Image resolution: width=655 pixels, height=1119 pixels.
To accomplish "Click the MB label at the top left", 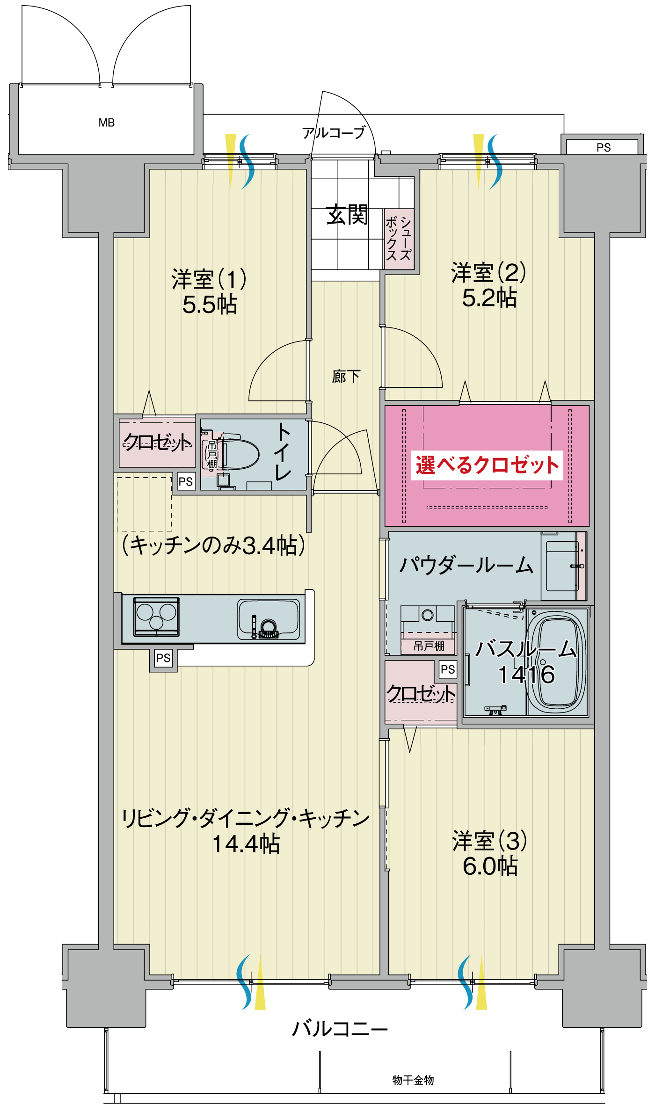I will [x=106, y=123].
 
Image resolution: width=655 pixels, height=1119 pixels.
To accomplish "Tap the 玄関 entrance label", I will [x=347, y=216].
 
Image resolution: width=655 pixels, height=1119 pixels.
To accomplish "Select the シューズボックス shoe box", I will [x=399, y=239].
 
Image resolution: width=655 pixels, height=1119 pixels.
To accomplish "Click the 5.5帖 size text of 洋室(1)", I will [x=210, y=305].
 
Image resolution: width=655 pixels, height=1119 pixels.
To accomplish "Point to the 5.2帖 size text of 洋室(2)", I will [x=489, y=298].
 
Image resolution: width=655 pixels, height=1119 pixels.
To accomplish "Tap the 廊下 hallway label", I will [x=346, y=376].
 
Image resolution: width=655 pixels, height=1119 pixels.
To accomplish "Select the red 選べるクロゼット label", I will [x=487, y=465].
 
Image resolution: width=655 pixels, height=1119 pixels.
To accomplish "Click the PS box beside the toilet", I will [x=185, y=481].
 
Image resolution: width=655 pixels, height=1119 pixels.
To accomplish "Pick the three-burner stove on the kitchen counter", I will [x=156, y=616].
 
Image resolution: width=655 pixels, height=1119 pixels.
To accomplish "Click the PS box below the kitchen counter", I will [x=163, y=658].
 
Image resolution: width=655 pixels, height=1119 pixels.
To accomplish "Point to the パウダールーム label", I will [x=466, y=565].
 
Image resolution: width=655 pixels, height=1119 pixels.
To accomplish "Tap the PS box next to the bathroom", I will [x=448, y=669].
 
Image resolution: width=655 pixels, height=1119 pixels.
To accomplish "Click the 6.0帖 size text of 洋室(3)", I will [x=490, y=866].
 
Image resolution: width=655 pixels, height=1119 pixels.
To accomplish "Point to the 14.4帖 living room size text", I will [x=246, y=844].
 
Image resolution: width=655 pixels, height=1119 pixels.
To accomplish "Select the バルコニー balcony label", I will [x=340, y=1029].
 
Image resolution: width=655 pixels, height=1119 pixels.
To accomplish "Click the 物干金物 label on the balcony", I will [x=413, y=1080].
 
